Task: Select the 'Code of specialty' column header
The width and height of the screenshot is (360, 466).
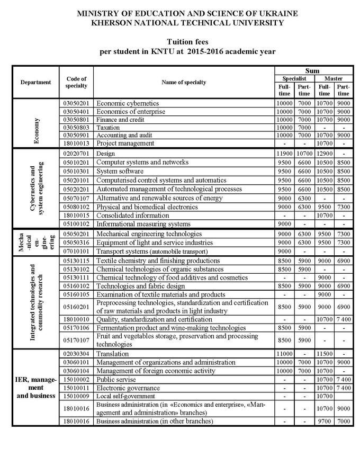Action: pyautogui.click(x=76, y=82)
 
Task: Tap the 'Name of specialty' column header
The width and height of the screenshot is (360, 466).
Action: pyautogui.click(x=184, y=82)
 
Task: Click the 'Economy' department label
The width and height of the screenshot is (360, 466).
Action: pyautogui.click(x=36, y=123)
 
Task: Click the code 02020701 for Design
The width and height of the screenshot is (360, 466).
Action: pyautogui.click(x=76, y=153)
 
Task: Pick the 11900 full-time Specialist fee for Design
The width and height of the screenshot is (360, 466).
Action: pyautogui.click(x=284, y=153)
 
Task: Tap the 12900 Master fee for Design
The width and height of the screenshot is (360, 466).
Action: pyautogui.click(x=323, y=153)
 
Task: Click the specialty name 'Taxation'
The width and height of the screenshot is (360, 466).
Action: pyautogui.click(x=108, y=128)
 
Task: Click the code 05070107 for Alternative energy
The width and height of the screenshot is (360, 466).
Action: pyautogui.click(x=76, y=198)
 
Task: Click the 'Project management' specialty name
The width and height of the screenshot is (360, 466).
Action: pyautogui.click(x=125, y=143)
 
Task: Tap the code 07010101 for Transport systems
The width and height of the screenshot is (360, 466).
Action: pyautogui.click(x=76, y=251)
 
